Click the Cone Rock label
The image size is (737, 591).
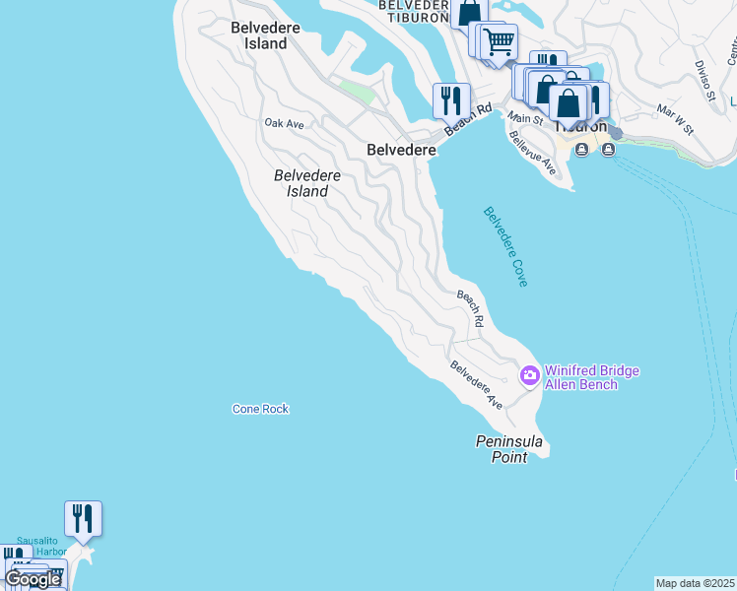[x=260, y=409]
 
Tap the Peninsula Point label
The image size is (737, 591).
[x=509, y=449]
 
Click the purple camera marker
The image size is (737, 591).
[x=529, y=374]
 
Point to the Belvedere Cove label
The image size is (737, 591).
[x=505, y=246]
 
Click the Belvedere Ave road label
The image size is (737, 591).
[x=477, y=385]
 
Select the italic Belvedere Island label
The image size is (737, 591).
[x=307, y=183]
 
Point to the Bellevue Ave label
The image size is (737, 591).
[x=533, y=153]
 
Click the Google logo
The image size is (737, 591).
[x=33, y=579]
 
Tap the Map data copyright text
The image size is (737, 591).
[x=696, y=583]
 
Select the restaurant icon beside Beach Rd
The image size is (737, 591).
[x=451, y=100]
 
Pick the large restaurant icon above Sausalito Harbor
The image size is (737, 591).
[x=84, y=518]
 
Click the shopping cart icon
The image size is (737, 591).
[x=500, y=42]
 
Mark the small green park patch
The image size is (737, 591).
[x=357, y=91]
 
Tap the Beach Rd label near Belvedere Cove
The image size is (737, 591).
[x=470, y=308]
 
